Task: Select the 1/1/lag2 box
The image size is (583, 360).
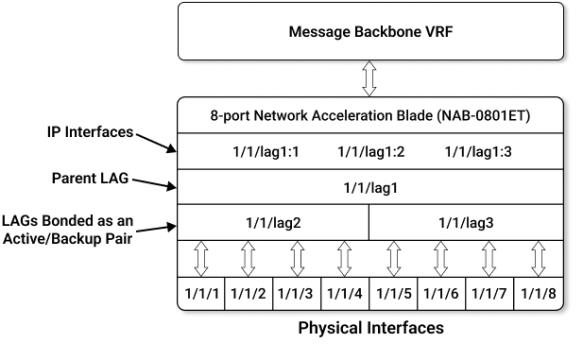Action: tap(272, 223)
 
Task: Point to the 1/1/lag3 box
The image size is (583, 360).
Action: tap(465, 223)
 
